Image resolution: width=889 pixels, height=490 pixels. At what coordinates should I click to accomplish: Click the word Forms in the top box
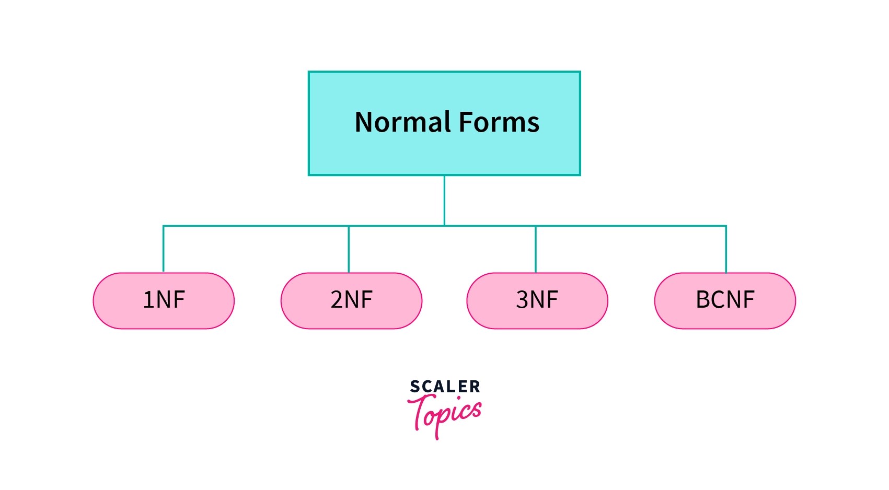[499, 122]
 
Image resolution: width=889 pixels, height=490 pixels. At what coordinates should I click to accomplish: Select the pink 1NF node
[164, 300]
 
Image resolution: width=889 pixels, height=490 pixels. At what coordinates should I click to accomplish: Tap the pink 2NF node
[351, 300]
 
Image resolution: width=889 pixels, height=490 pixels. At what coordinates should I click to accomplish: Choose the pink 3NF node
[537, 300]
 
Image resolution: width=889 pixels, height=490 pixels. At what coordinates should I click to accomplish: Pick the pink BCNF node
[725, 300]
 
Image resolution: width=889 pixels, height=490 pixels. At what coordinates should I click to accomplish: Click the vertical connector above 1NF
[164, 249]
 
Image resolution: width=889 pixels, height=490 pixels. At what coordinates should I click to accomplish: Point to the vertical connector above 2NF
[349, 249]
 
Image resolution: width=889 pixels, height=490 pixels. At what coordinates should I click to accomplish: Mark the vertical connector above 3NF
[536, 249]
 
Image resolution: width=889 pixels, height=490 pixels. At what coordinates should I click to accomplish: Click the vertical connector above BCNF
[726, 249]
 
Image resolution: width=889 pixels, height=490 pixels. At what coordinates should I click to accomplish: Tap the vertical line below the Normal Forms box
[444, 200]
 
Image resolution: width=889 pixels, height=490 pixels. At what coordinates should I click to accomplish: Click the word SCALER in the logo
[445, 387]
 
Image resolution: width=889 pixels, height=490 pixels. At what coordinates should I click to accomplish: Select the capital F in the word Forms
[467, 122]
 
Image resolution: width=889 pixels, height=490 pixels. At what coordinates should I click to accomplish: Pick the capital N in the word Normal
[364, 122]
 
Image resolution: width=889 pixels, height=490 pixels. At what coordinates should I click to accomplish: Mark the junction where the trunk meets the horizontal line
[444, 226]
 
